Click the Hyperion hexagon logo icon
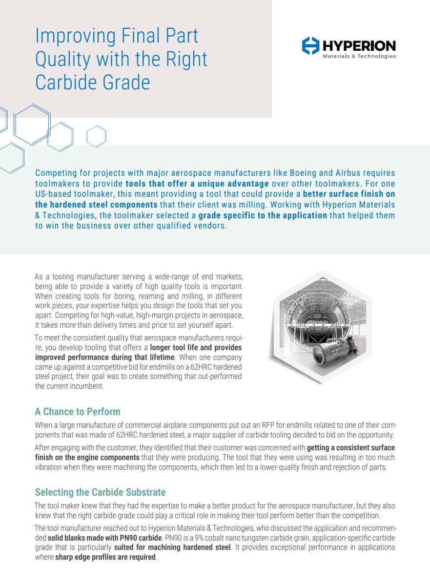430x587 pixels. [x=311, y=46]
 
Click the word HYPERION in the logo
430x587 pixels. [x=359, y=46]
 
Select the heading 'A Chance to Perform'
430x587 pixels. [x=77, y=412]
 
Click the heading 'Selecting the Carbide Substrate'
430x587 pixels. [x=100, y=492]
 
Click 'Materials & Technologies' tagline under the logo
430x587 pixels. [x=359, y=57]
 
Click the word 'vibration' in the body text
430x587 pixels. [x=50, y=467]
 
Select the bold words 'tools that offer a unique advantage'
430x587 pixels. [x=197, y=184]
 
